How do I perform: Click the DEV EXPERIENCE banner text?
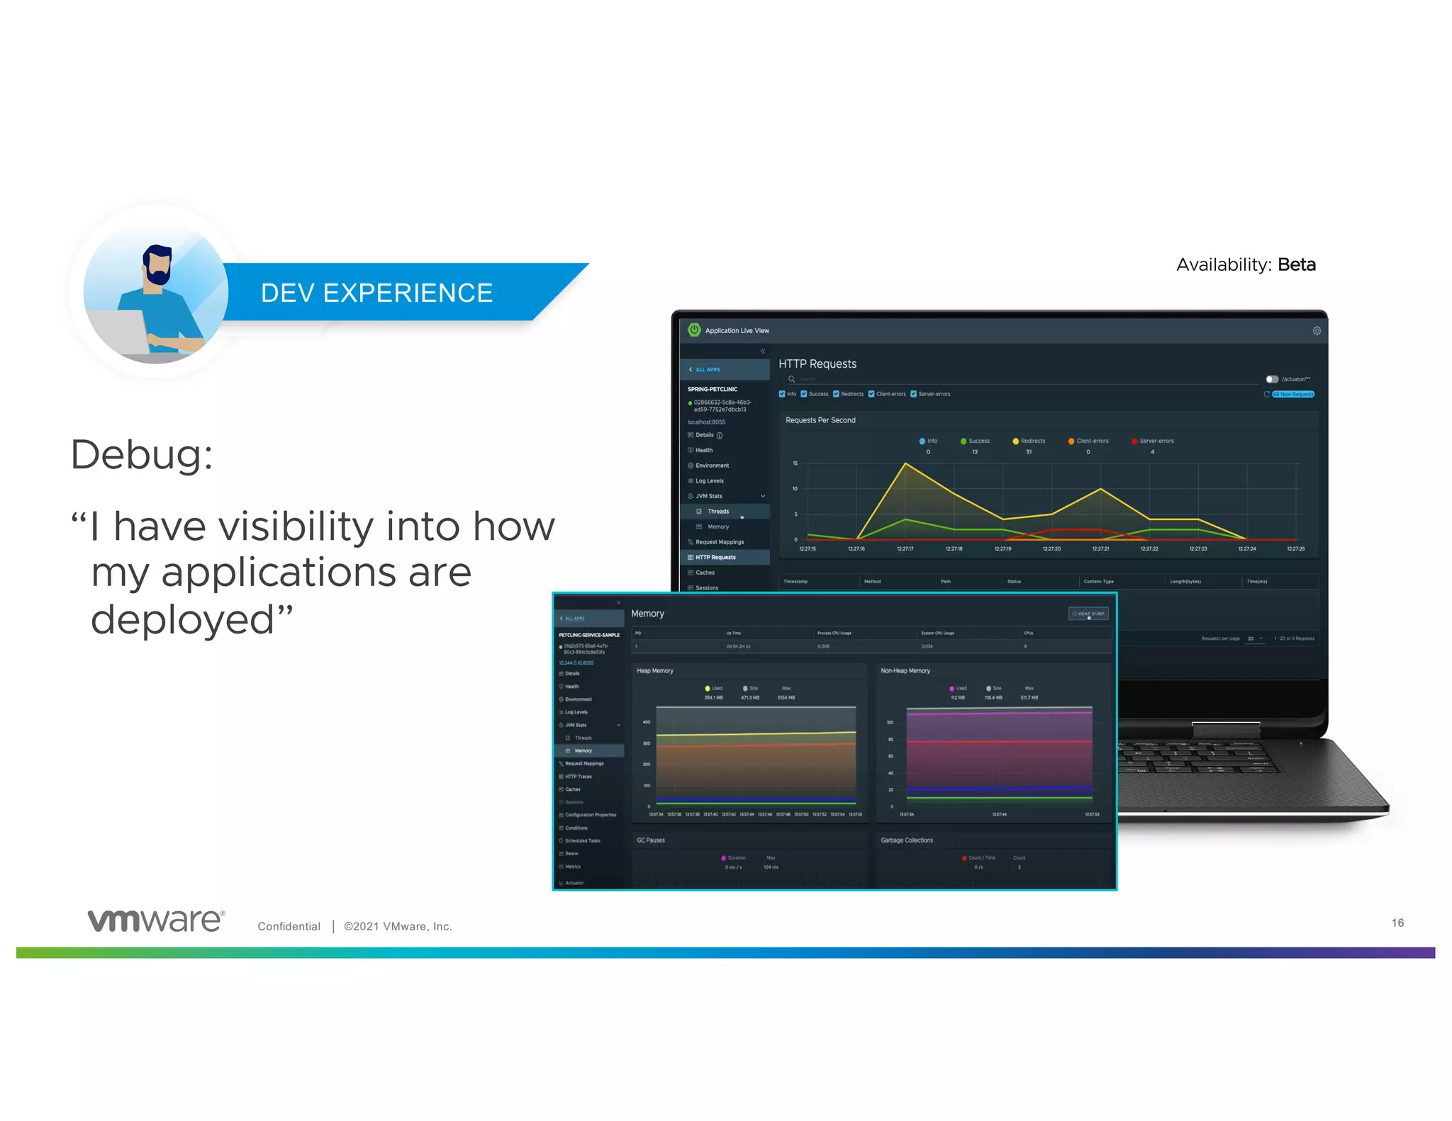click(376, 293)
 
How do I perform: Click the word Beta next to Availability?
click(1296, 264)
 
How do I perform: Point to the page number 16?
click(1397, 923)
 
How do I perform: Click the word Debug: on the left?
click(142, 454)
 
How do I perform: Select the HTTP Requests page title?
click(817, 364)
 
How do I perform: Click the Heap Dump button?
click(1088, 614)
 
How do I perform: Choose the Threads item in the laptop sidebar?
click(717, 511)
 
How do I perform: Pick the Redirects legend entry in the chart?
click(1029, 441)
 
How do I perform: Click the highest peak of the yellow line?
click(905, 463)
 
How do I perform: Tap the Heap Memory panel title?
click(654, 670)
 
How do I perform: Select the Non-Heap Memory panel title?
click(905, 670)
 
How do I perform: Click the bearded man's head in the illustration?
click(157, 264)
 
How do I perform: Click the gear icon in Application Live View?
click(1316, 331)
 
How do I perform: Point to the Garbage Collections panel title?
click(906, 840)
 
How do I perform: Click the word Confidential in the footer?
click(289, 926)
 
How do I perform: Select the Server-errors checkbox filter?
click(914, 394)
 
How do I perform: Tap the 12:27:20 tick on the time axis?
click(1051, 548)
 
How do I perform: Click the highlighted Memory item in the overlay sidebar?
click(583, 750)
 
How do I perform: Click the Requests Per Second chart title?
click(820, 420)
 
